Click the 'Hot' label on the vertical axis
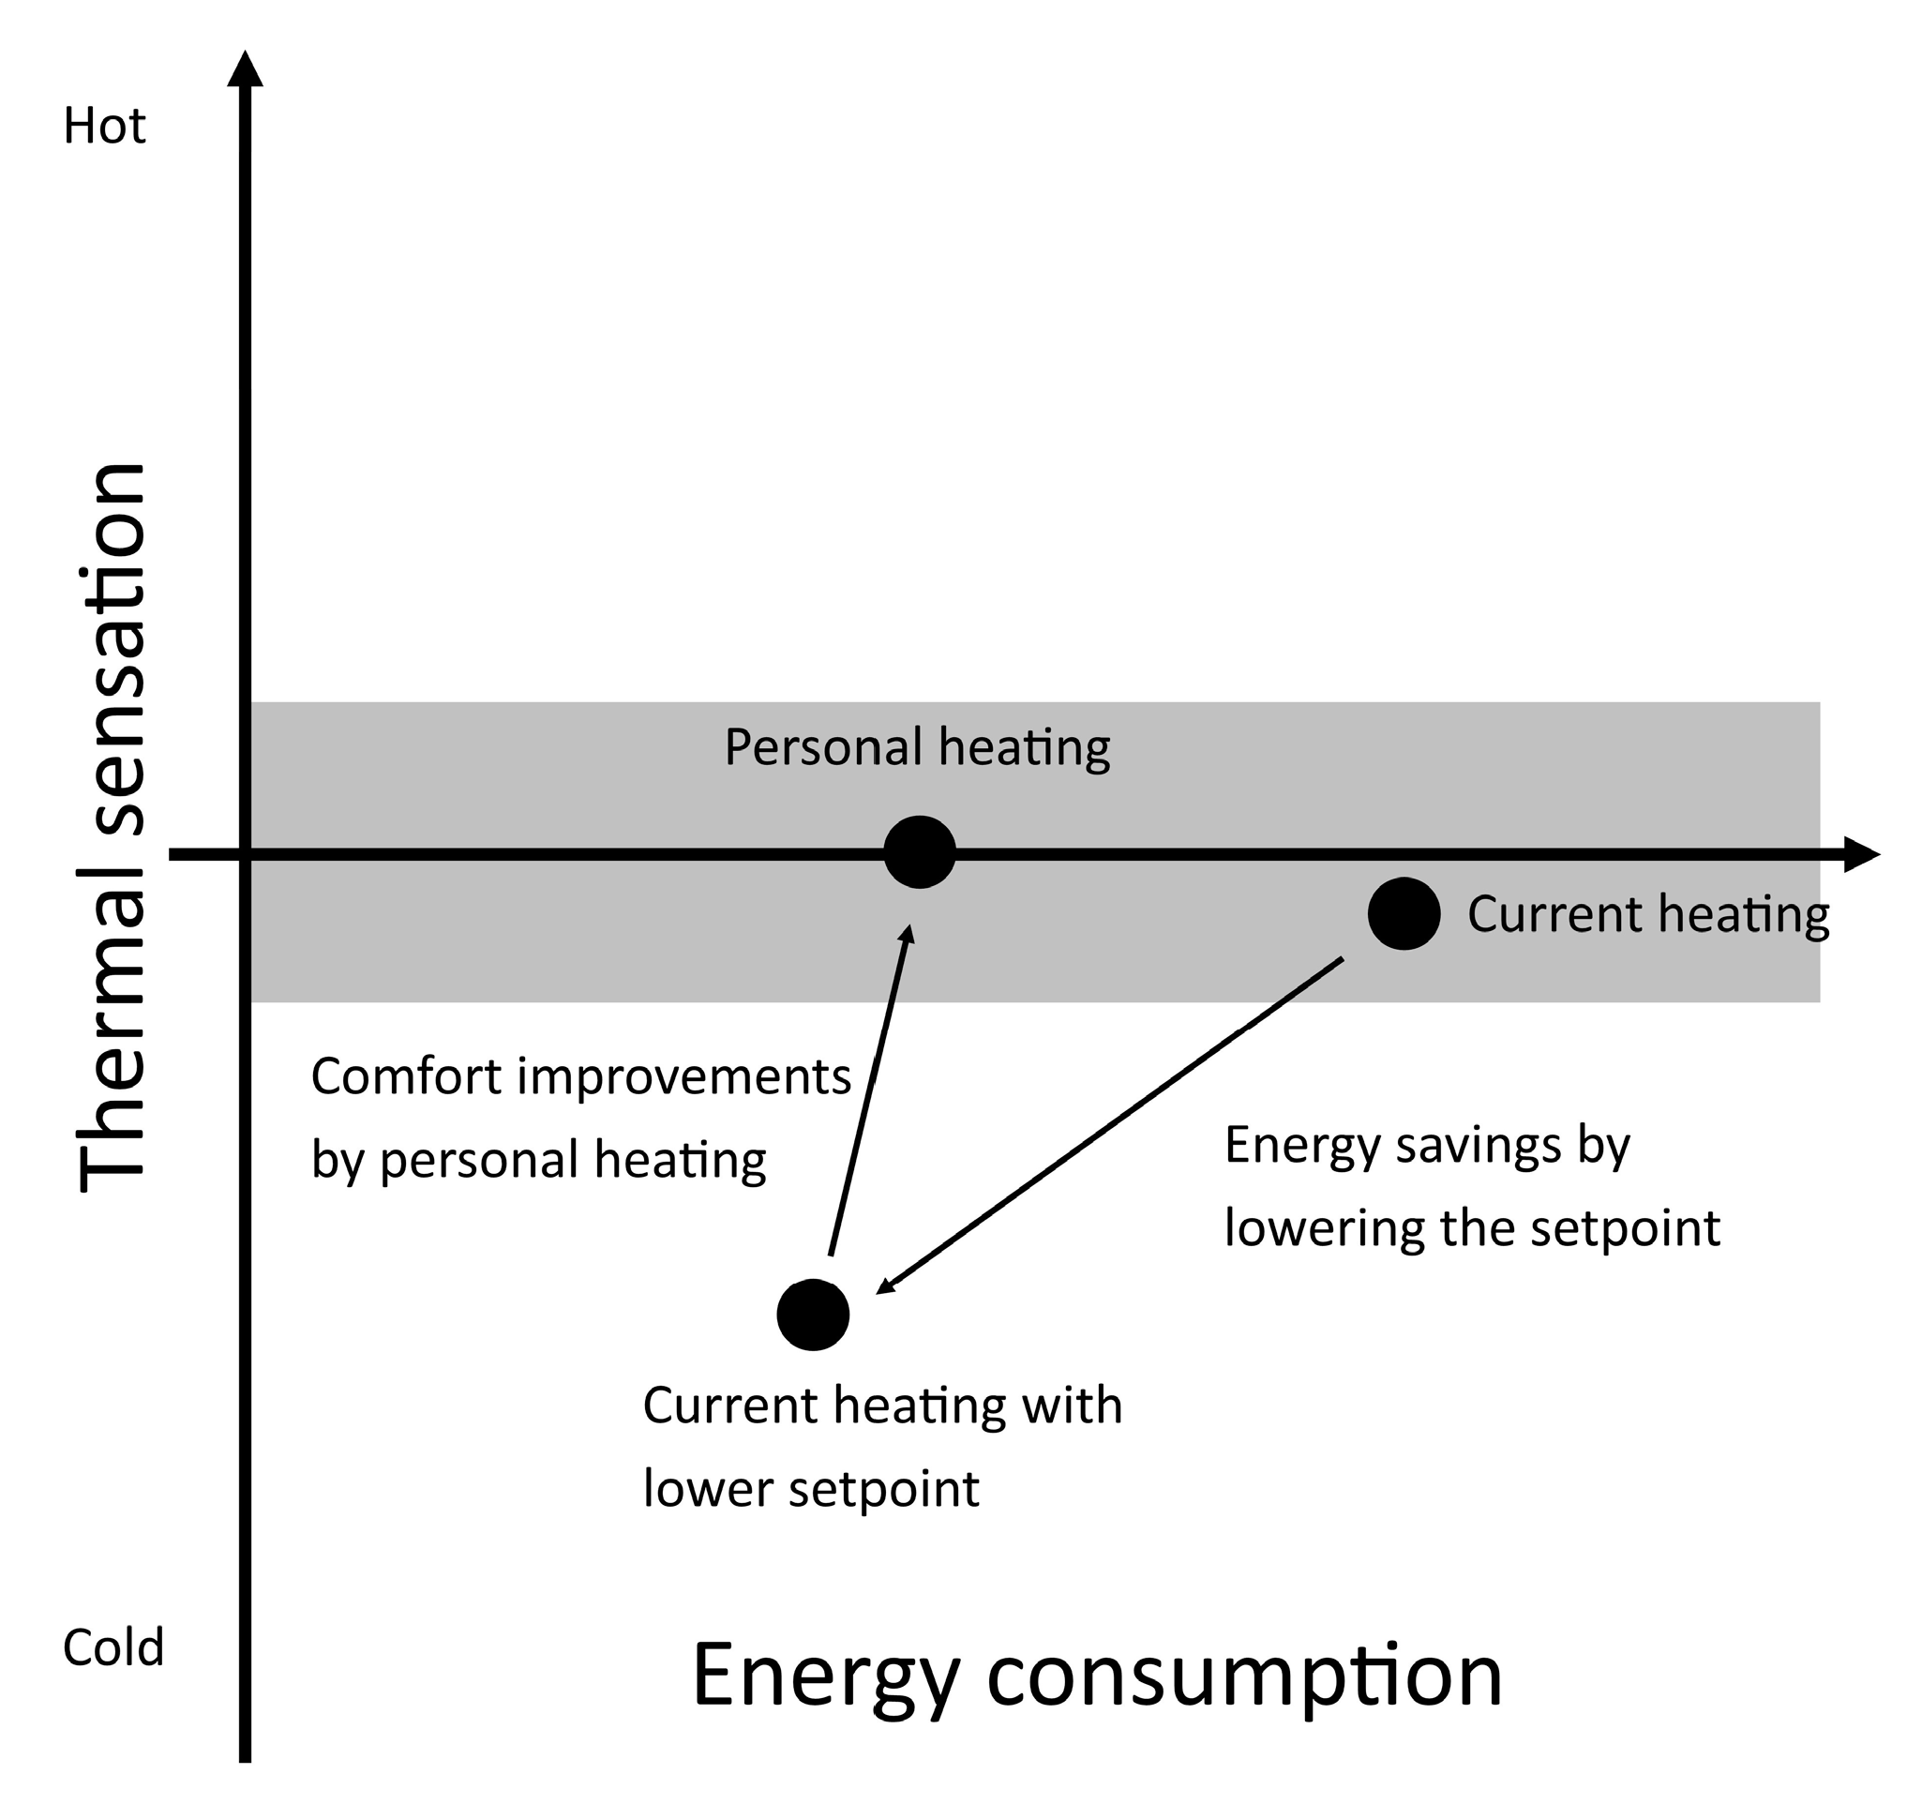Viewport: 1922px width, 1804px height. click(104, 127)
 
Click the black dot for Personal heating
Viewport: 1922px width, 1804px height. click(920, 851)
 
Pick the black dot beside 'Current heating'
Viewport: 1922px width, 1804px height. click(1404, 913)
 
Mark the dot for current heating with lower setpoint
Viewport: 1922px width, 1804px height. click(813, 1315)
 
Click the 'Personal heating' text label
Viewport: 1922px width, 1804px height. click(918, 747)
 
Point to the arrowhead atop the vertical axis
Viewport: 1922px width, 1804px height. click(246, 69)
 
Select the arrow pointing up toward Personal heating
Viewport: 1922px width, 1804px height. click(868, 1090)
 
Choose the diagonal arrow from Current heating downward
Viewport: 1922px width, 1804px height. click(1110, 1124)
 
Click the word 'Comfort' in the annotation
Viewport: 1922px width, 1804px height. click(405, 1077)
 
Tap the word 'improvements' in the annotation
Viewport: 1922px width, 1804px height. click(683, 1077)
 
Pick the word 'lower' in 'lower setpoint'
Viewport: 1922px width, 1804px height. click(708, 1489)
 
